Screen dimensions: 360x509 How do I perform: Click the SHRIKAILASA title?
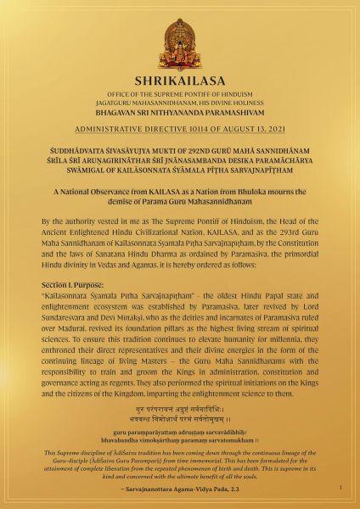pos(180,81)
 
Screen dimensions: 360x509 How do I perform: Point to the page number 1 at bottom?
pos(340,488)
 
